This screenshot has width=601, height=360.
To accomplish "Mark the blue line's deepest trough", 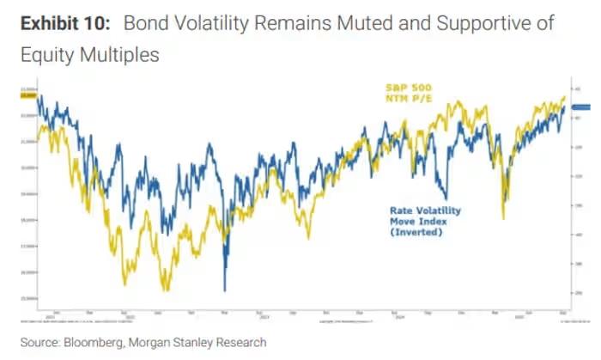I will pyautogui.click(x=225, y=290).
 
